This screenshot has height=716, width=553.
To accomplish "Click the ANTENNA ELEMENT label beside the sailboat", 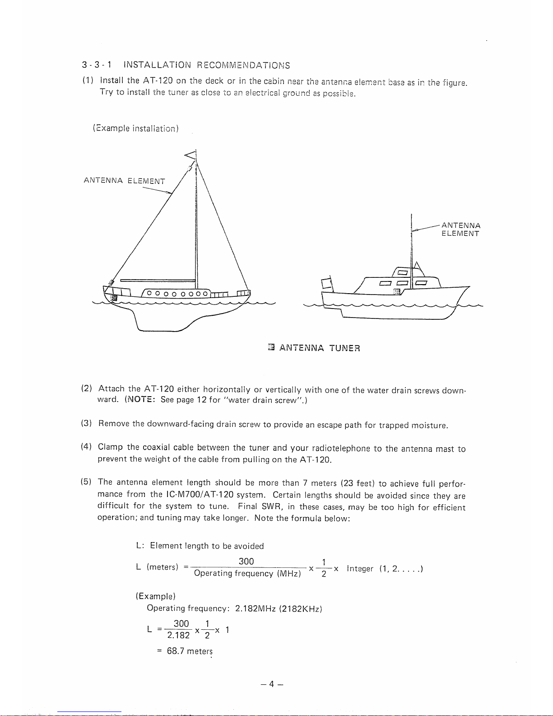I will point(124,181).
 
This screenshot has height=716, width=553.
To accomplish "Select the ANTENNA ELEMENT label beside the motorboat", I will point(460,229).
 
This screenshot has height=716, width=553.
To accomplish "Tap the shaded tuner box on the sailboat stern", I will point(114,297).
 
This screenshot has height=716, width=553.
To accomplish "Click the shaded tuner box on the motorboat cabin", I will point(396,292).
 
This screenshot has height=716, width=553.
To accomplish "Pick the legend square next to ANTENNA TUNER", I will point(271,347).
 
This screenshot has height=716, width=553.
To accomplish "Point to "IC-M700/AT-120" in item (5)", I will point(199,496).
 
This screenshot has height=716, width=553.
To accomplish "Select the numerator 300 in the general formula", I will point(246,562).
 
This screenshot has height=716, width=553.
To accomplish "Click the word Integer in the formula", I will point(360,569).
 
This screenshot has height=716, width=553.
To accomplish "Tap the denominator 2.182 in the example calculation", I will point(178,636).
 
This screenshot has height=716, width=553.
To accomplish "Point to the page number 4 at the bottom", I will point(272,684).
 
